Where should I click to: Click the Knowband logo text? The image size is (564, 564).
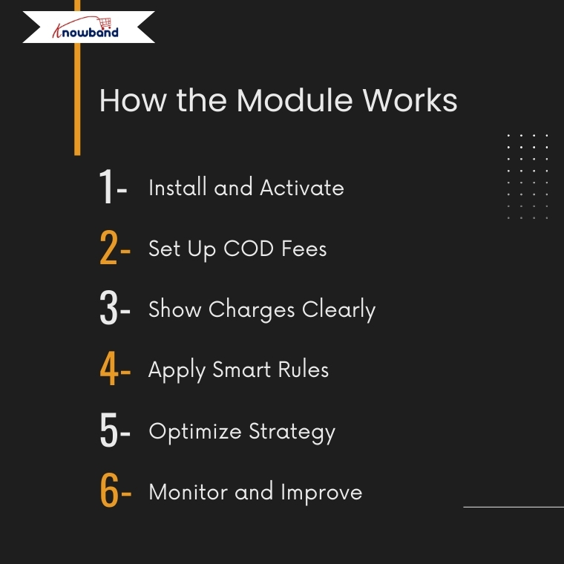coord(85,31)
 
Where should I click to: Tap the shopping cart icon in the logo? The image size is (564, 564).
coord(105,23)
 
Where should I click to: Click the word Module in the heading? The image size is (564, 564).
coord(295,100)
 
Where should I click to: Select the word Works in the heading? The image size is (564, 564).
coord(410,100)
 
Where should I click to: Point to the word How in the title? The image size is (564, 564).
coord(133,100)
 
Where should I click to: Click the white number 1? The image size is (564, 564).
coord(106,186)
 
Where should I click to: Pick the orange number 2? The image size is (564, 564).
coord(108,247)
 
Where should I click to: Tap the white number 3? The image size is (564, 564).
coord(108,308)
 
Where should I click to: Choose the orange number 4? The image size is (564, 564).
coord(109,368)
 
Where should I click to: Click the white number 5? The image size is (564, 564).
coord(108,430)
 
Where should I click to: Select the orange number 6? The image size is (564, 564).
coord(109,490)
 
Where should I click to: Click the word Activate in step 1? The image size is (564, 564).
coord(302,188)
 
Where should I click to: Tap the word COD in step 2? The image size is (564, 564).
coord(249,248)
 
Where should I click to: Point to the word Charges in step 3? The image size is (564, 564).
coord(252,310)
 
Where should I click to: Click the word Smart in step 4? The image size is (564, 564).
coord(241,370)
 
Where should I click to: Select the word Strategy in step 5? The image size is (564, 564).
coord(292,432)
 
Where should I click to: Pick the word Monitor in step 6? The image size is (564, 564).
coord(188,492)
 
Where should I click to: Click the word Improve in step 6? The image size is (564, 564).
coord(321,493)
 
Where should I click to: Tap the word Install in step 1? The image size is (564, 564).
coord(177,188)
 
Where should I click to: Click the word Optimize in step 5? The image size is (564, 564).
coord(195,432)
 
